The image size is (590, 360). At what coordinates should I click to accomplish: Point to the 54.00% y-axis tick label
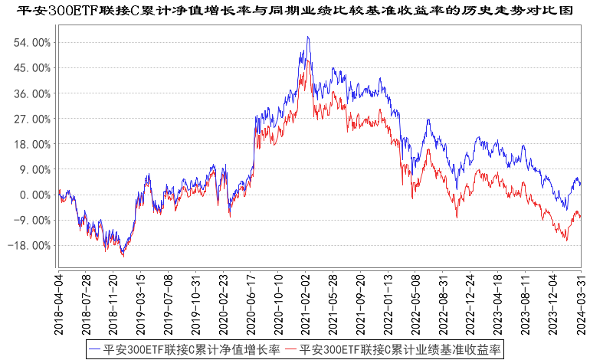(x=31, y=42)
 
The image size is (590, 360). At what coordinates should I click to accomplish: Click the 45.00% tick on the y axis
(x=31, y=67)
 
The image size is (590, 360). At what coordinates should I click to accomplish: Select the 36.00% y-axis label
(x=31, y=93)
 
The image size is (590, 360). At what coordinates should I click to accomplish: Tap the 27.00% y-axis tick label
(x=31, y=119)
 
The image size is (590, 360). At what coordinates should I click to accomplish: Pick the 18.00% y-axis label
(x=31, y=144)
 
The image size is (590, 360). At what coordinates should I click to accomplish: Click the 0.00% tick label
(x=34, y=195)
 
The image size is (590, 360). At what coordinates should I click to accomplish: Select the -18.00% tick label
(x=30, y=246)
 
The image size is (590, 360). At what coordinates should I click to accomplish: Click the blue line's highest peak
(x=307, y=36)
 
